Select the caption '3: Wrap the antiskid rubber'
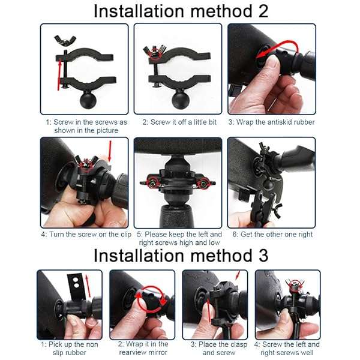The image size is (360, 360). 272,122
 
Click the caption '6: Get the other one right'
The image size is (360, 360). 271,234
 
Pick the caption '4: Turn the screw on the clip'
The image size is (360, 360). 85,234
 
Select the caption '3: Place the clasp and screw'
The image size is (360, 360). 215,348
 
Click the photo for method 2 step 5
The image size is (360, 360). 178,182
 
